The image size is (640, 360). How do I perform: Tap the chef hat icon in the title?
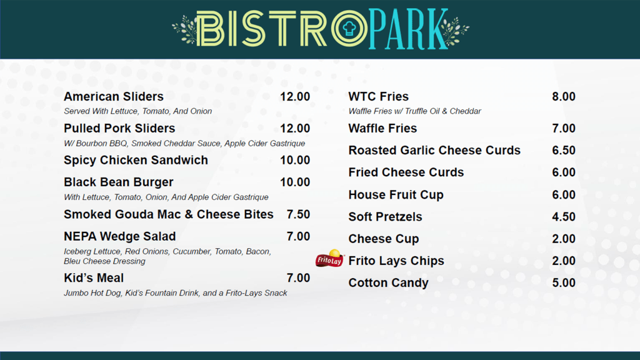(349, 28)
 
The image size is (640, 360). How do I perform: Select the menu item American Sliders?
(114, 97)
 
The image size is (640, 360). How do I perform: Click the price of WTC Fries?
(563, 97)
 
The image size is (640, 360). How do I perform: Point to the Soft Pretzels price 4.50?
(563, 217)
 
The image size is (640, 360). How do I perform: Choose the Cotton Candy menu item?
(388, 283)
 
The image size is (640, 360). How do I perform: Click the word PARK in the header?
(407, 29)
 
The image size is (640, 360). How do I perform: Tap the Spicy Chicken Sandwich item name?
(136, 161)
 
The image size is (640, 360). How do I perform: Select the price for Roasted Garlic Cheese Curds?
(563, 151)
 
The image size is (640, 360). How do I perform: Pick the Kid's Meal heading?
(94, 278)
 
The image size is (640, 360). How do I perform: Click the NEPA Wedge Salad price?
(298, 237)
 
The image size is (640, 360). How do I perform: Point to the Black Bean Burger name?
(119, 182)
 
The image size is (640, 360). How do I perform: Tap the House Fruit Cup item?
(396, 195)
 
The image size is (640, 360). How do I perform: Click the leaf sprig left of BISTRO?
(184, 29)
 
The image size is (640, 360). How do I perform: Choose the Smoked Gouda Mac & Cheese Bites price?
(298, 214)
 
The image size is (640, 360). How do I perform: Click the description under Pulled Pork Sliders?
(184, 144)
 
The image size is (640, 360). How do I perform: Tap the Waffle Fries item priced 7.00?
(382, 129)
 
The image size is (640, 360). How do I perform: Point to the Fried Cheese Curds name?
(406, 172)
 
